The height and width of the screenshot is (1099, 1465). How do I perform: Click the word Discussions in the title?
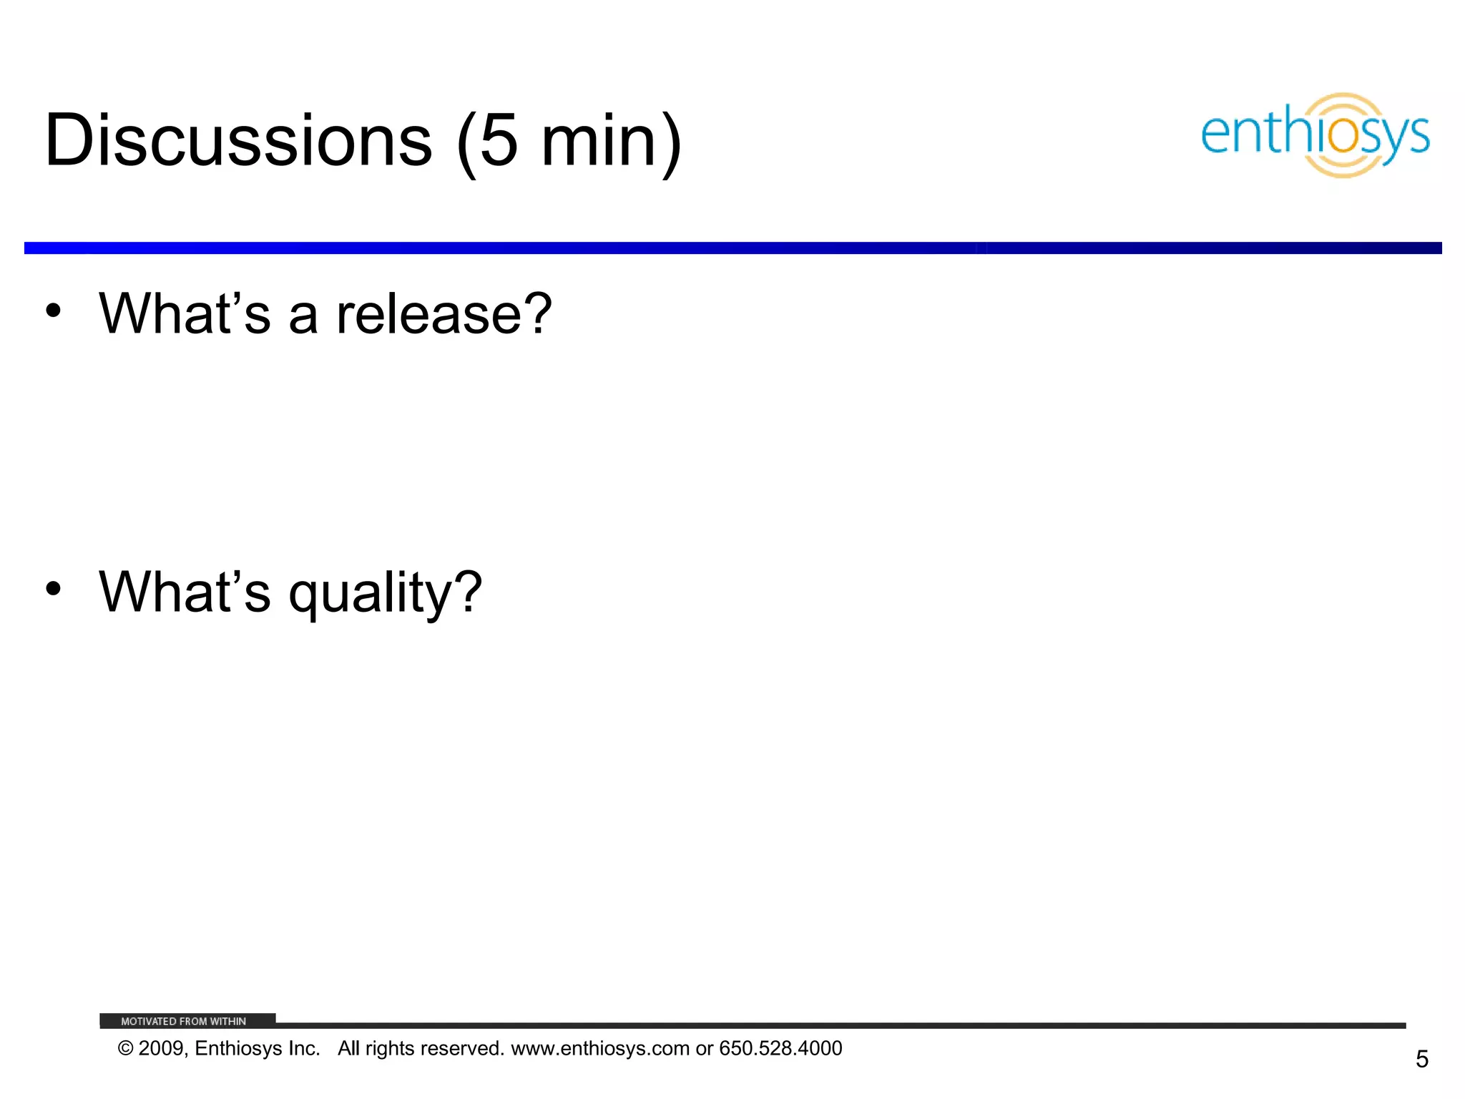[x=238, y=141]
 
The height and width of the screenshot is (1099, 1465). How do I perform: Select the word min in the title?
[x=598, y=141]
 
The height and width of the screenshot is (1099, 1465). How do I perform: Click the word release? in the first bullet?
[x=444, y=315]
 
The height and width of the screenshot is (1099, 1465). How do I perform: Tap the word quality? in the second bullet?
[x=386, y=594]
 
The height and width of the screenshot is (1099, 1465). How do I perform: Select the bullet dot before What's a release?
[x=53, y=311]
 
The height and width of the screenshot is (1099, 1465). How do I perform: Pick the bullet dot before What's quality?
[x=53, y=589]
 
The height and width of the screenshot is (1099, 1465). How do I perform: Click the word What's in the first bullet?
[x=185, y=315]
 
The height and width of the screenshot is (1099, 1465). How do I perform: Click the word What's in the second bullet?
[x=185, y=593]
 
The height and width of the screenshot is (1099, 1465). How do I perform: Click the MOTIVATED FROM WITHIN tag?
[x=184, y=1021]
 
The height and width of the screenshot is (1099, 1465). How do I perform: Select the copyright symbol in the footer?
[x=125, y=1049]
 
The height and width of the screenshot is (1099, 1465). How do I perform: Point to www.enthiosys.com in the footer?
[x=599, y=1049]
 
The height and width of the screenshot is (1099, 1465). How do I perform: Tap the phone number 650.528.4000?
[x=780, y=1049]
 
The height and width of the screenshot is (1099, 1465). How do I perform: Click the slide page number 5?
[x=1421, y=1059]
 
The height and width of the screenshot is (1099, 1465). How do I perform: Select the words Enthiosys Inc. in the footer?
[x=257, y=1049]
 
